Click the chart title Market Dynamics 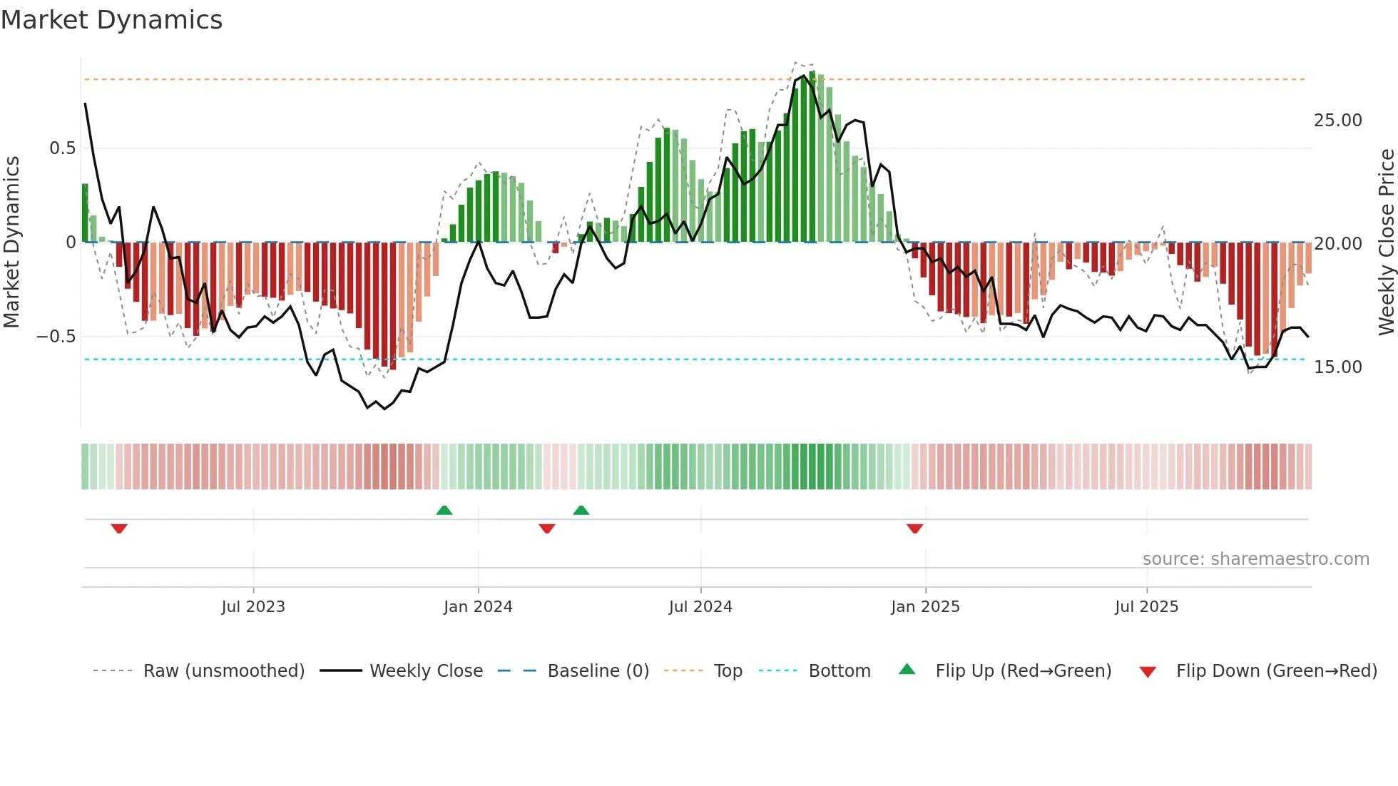[x=112, y=20]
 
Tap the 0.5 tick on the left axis [x=62, y=148]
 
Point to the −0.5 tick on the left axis [x=56, y=337]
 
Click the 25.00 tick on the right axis [x=1337, y=121]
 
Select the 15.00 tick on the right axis [x=1337, y=367]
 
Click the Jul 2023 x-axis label [x=252, y=607]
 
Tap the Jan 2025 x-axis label [x=925, y=607]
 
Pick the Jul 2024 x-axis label [x=700, y=607]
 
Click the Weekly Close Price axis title [x=1386, y=242]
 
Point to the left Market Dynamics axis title [x=11, y=242]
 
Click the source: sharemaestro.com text [x=1255, y=559]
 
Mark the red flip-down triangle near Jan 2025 [x=914, y=529]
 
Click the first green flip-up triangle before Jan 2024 [x=444, y=510]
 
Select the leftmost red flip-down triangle [x=119, y=529]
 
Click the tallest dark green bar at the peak [x=812, y=157]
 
